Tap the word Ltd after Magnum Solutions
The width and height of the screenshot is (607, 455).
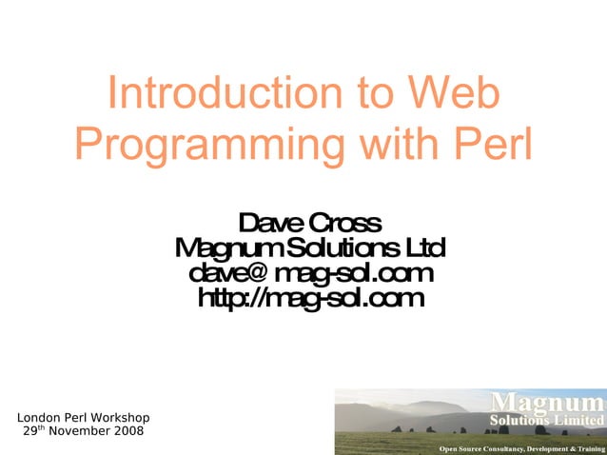(x=425, y=249)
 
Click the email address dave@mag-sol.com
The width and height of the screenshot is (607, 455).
(x=311, y=274)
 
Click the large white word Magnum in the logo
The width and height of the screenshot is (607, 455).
(x=547, y=402)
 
